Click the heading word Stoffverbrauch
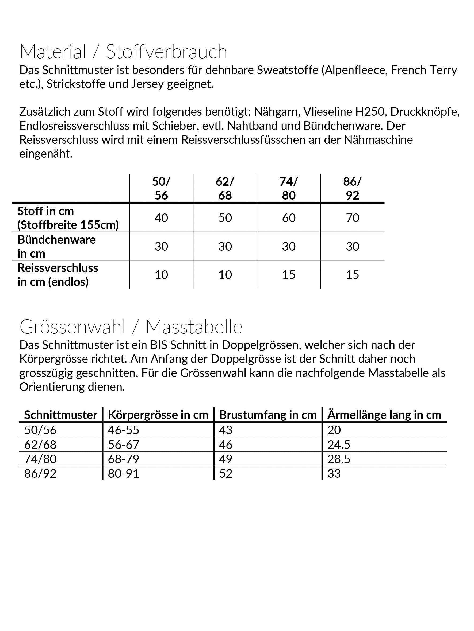pos(167,52)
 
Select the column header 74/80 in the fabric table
pos(289,188)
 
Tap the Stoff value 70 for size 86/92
pos(352,218)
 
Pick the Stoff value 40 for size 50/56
pos(161,218)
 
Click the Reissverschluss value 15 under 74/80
pos(289,275)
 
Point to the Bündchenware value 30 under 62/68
pos(225,247)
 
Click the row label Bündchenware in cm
pos(56,247)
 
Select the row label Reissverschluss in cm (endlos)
pos(58,275)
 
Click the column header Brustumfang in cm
pos(268,415)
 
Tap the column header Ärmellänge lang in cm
pos(384,415)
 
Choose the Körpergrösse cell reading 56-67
pos(123,445)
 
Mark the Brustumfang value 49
pos(226,459)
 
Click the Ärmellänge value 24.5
pos(339,445)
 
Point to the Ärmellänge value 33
pos(334,474)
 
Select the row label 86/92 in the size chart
pos(40,474)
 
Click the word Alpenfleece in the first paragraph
pos(355,70)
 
